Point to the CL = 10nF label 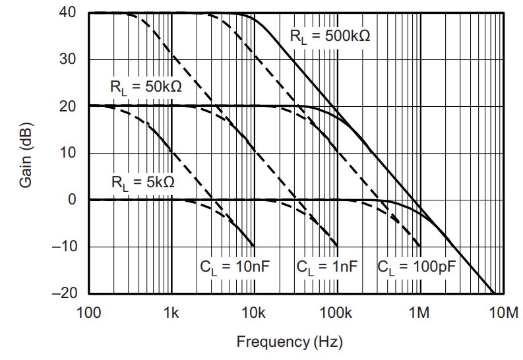[235, 267]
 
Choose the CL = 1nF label [327, 267]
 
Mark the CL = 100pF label [417, 267]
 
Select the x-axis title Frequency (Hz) [290, 342]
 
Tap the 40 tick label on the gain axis [69, 13]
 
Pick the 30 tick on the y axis [69, 60]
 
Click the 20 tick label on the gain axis [69, 106]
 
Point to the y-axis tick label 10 [69, 153]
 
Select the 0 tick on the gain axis [73, 200]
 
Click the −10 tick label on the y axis [64, 247]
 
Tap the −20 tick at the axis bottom [64, 293]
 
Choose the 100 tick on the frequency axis [88, 311]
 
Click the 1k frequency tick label [171, 311]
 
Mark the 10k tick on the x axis [255, 311]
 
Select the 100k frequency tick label [337, 311]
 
